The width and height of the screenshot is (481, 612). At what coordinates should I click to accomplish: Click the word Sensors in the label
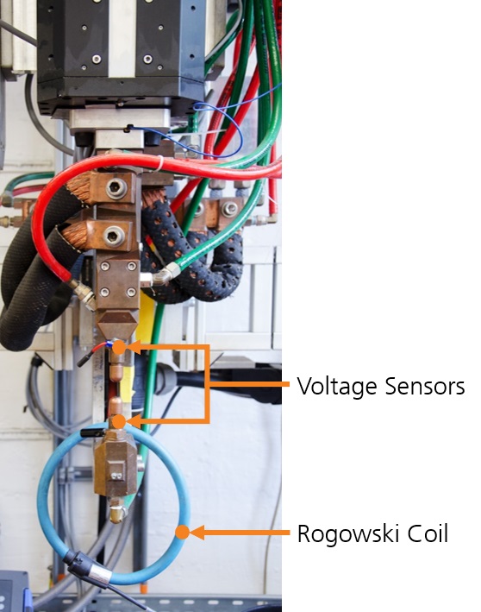click(x=425, y=387)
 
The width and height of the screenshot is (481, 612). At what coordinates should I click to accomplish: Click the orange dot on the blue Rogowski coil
click(x=183, y=532)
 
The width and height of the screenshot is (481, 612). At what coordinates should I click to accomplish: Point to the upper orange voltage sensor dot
click(x=120, y=347)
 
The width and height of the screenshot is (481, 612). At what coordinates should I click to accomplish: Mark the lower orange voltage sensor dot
click(x=120, y=421)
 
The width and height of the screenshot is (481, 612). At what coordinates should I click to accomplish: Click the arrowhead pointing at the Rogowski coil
click(x=197, y=533)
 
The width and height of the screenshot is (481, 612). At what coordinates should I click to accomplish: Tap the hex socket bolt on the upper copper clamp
click(x=116, y=189)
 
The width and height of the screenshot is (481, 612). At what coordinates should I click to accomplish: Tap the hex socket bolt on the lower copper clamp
click(x=114, y=237)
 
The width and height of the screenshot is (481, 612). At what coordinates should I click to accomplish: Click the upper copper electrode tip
click(x=116, y=371)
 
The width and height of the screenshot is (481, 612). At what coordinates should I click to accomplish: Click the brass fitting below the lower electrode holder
click(x=117, y=512)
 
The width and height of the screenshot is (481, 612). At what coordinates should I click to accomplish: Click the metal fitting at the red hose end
click(x=82, y=293)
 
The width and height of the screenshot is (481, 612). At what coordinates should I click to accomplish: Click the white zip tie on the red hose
click(x=160, y=163)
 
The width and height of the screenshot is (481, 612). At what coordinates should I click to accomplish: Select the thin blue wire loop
click(x=218, y=129)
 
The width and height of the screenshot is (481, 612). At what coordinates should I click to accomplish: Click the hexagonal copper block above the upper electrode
click(x=116, y=325)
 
